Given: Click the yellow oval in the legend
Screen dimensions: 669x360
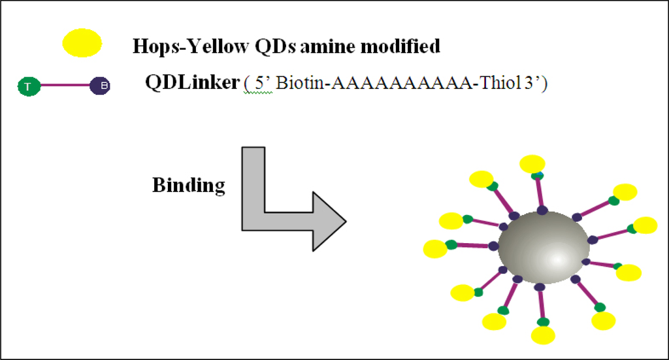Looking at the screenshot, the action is [82, 43].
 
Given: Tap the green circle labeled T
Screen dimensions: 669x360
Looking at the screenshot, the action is [28, 86].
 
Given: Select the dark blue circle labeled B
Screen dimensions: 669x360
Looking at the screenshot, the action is [100, 86].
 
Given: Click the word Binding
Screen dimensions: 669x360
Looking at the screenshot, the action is [188, 185].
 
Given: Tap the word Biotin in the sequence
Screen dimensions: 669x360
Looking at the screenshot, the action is [304, 86].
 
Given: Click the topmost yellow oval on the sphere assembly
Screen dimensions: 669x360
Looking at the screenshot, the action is [532, 164].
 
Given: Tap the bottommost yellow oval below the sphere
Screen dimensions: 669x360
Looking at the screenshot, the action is [543, 335].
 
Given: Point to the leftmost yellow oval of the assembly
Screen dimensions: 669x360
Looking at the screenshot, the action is [435, 249].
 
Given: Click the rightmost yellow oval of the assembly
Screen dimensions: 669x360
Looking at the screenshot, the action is [645, 225].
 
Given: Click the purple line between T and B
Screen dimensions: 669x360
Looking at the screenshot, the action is [64, 86].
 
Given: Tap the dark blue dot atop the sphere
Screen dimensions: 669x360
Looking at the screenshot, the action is [542, 210].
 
